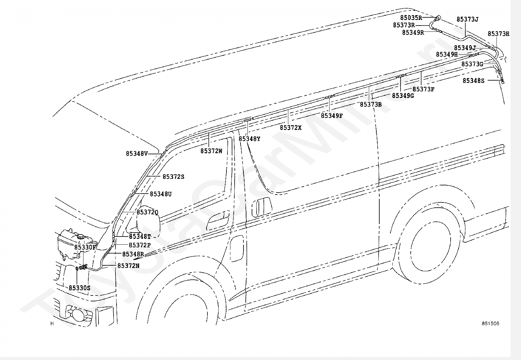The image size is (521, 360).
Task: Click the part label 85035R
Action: click(x=411, y=17)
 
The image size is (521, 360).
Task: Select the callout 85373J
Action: click(x=467, y=19)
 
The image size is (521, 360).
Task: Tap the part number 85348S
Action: click(x=473, y=81)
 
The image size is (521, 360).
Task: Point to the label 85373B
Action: click(x=371, y=104)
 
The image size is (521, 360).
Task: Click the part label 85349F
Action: click(x=332, y=116)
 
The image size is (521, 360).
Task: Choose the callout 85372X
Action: click(x=291, y=128)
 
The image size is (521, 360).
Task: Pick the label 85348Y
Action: click(x=249, y=139)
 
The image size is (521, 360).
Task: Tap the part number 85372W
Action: click(x=211, y=151)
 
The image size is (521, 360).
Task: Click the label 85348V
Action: click(x=137, y=154)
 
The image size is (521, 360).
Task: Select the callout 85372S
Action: click(x=173, y=177)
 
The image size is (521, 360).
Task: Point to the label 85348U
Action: click(x=160, y=194)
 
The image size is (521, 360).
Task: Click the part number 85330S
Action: click(x=79, y=288)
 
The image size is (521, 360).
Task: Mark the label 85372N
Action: click(x=128, y=266)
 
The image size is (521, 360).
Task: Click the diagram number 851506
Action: click(x=490, y=323)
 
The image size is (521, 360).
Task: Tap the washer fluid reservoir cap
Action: click(x=81, y=237)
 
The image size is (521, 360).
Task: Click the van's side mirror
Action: click(x=148, y=220)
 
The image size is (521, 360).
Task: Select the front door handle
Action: click(x=218, y=220)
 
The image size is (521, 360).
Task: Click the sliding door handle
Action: click(x=262, y=207)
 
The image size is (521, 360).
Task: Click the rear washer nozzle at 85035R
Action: click(x=438, y=18)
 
